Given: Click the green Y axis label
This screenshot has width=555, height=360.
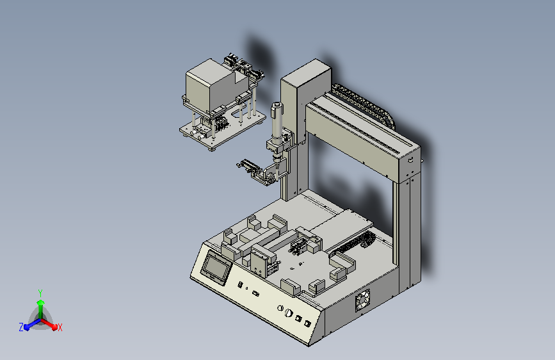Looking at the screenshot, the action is (x=40, y=293).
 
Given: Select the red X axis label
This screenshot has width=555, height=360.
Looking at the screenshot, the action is (x=60, y=328).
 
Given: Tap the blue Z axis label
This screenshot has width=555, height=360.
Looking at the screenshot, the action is (x=21, y=327).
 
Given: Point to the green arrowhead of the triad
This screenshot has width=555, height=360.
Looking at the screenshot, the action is (x=41, y=302).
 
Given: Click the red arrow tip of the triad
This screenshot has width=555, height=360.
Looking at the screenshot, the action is (x=54, y=327).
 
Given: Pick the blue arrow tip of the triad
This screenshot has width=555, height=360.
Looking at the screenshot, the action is (x=26, y=327).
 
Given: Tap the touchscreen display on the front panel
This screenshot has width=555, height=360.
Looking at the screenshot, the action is (x=216, y=267).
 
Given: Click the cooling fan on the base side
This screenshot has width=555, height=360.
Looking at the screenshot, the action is (x=362, y=300).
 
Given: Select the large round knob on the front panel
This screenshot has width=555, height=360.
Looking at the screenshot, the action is (x=289, y=313).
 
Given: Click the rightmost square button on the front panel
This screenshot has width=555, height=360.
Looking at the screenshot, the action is (x=307, y=323).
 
